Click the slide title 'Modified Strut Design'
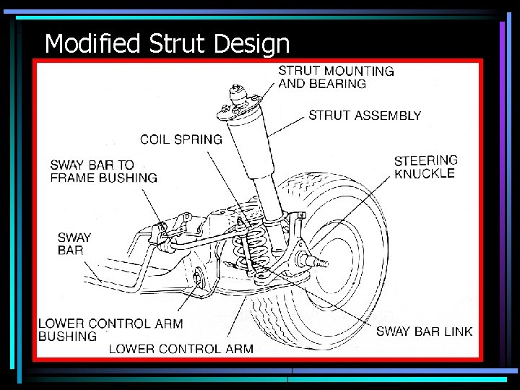pyautogui.click(x=167, y=44)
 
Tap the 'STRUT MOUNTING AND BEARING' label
pyautogui.click(x=336, y=77)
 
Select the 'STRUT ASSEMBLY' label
pyautogui.click(x=365, y=116)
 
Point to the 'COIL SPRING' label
pyautogui.click(x=181, y=139)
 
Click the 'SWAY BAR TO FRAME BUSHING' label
pyautogui.click(x=103, y=171)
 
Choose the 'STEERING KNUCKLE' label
pyautogui.click(x=425, y=166)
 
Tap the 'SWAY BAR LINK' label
pyautogui.click(x=424, y=331)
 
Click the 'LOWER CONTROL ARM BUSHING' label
pyautogui.click(x=110, y=329)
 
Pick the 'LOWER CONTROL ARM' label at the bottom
pyautogui.click(x=181, y=349)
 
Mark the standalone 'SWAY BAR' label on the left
pyautogui.click(x=74, y=243)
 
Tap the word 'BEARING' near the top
pyautogui.click(x=338, y=84)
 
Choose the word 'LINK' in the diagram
pyautogui.click(x=457, y=331)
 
